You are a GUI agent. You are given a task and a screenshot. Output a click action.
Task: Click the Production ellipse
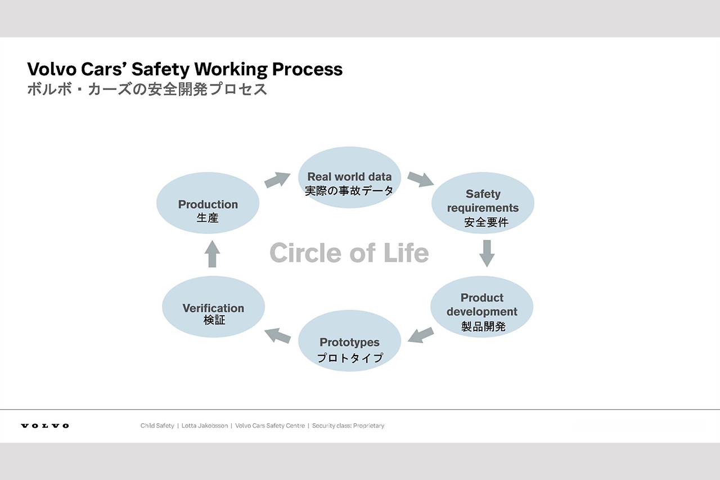(x=208, y=203)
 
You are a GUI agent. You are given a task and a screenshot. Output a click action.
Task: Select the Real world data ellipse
(x=349, y=177)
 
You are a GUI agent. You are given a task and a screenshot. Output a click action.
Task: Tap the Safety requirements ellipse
(x=483, y=203)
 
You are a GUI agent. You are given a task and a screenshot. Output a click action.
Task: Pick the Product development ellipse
(x=482, y=307)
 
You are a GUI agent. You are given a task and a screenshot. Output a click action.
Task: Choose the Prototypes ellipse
(x=349, y=341)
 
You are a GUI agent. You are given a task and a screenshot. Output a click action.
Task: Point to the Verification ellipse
(x=213, y=307)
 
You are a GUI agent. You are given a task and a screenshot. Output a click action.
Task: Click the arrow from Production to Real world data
(x=277, y=180)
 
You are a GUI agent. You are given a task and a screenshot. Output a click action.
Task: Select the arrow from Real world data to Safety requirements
(x=420, y=179)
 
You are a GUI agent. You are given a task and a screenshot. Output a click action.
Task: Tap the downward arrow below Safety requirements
(x=487, y=253)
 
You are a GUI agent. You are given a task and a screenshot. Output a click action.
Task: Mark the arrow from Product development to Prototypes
(x=421, y=335)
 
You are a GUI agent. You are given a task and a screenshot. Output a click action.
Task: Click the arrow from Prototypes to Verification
(x=278, y=335)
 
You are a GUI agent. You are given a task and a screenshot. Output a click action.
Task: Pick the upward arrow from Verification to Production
(x=213, y=254)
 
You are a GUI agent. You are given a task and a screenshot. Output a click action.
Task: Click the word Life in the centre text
(x=406, y=253)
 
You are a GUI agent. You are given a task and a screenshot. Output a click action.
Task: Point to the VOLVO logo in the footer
(x=45, y=426)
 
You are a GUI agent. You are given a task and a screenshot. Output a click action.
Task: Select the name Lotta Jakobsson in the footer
(x=205, y=425)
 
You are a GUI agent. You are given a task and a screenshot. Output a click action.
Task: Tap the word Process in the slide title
(x=307, y=69)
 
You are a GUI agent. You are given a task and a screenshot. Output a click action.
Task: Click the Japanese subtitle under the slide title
(x=147, y=89)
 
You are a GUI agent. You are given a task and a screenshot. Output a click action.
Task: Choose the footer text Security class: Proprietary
(x=348, y=425)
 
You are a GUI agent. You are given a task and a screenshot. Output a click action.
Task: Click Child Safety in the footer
(x=157, y=425)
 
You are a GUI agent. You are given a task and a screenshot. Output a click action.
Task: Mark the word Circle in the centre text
(x=306, y=253)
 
